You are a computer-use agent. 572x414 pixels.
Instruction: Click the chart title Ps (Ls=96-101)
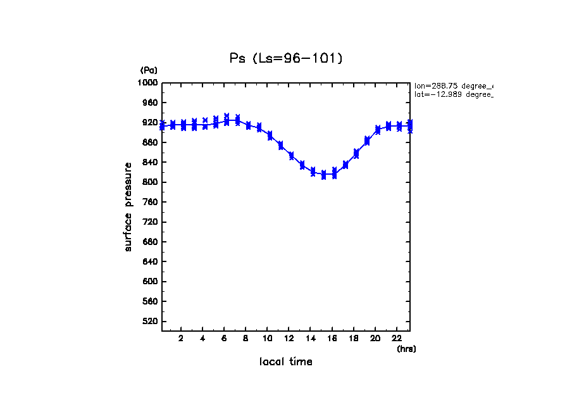tap(286, 58)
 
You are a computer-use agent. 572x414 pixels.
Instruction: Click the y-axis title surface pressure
tap(128, 206)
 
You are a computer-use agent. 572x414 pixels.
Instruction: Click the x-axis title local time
tap(286, 362)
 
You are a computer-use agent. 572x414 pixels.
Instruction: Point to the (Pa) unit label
tap(149, 70)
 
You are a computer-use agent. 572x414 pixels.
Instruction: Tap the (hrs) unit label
tap(406, 349)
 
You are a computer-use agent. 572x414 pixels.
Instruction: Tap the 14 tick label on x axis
tap(311, 338)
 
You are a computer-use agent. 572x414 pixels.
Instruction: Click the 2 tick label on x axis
tap(182, 338)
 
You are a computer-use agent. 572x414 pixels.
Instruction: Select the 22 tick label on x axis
tap(397, 338)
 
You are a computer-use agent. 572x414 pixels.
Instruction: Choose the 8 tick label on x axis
tap(246, 338)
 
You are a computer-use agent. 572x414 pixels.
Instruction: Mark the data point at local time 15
tap(323, 175)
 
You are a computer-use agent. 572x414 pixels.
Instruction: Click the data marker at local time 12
tap(291, 156)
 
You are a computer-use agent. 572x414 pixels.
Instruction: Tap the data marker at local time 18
tap(356, 154)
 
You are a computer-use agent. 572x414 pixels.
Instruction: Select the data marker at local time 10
tap(270, 135)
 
